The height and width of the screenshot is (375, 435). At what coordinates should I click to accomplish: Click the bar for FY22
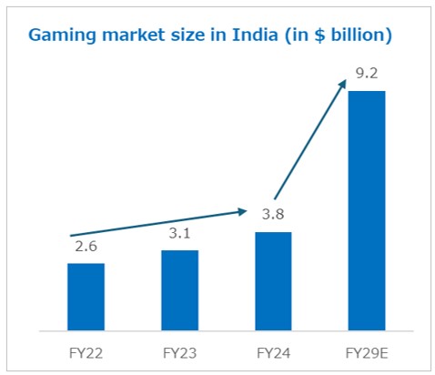click(86, 296)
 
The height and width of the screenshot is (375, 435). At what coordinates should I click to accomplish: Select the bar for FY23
click(179, 289)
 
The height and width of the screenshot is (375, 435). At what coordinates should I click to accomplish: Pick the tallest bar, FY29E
click(366, 209)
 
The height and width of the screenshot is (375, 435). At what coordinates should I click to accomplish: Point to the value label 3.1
click(179, 235)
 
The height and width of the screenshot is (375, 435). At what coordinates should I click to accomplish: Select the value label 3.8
click(273, 217)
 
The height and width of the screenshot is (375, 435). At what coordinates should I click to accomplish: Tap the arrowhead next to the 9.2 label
click(342, 84)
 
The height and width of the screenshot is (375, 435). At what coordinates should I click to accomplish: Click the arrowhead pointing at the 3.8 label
click(243, 213)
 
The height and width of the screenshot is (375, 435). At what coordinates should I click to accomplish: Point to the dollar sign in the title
click(319, 35)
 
